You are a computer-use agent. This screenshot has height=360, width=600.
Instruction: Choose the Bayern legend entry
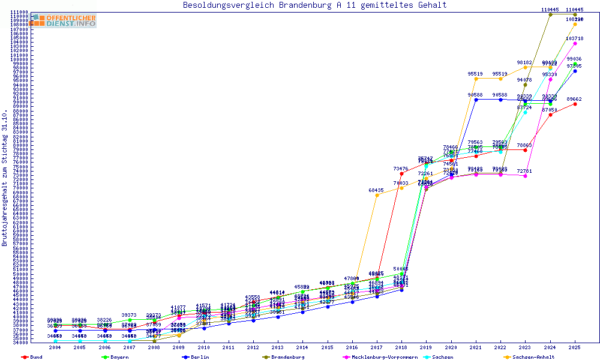118,357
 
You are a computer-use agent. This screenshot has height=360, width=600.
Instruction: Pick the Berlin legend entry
200,357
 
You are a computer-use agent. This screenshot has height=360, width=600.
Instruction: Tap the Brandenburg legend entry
287,357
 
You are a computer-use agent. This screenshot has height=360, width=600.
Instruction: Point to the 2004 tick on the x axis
55,347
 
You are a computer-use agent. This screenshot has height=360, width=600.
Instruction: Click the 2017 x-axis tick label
376,347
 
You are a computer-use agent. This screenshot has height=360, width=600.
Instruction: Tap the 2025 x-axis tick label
575,347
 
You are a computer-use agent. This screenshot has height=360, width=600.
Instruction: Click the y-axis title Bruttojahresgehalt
5,178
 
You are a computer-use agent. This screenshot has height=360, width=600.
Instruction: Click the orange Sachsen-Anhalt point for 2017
377,195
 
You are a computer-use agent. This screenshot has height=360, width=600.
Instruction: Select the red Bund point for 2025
575,104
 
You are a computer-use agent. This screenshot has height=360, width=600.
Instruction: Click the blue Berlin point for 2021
476,100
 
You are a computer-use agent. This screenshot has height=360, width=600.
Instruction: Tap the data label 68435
376,190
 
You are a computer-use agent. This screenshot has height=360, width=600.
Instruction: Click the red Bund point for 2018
401,173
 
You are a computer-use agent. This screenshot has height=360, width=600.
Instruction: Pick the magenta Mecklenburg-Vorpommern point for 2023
525,176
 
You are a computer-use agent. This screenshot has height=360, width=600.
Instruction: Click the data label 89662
574,99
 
